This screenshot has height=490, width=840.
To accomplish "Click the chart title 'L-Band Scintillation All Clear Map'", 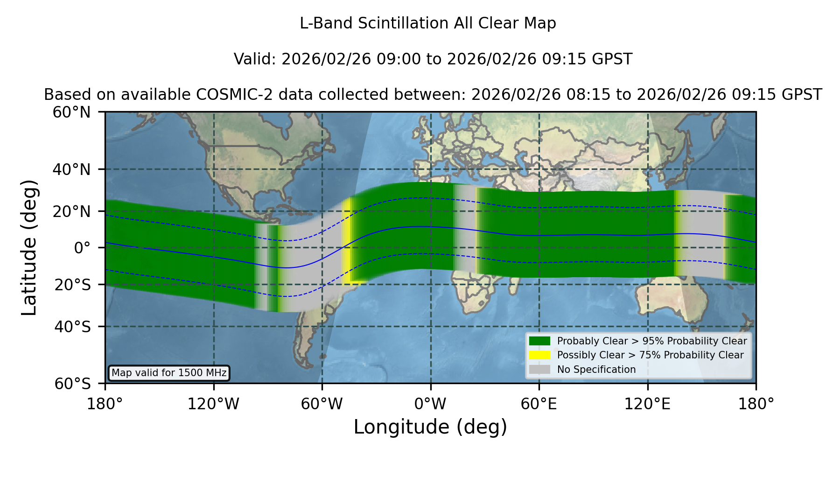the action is click(427, 23).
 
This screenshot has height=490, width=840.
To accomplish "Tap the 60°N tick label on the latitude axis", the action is click(71, 112).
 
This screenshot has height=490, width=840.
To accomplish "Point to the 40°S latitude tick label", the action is click(72, 327).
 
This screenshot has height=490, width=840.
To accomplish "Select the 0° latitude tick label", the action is click(82, 247).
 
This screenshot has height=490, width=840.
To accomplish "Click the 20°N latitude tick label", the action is click(71, 211).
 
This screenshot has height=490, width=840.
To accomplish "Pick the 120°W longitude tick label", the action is click(213, 404).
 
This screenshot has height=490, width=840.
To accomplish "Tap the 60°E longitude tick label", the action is click(539, 404).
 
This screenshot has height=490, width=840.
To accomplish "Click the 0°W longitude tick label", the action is click(430, 404).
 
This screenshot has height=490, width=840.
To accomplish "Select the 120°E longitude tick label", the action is click(647, 404).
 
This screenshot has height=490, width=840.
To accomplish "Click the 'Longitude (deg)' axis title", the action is click(430, 427).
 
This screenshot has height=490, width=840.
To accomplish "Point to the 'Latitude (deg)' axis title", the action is click(29, 247).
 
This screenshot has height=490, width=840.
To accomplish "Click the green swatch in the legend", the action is click(539, 341).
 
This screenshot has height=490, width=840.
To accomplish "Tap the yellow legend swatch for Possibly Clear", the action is click(539, 355).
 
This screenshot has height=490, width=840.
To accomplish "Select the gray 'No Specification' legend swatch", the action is click(539, 370).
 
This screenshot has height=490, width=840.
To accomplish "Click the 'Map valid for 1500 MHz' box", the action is click(169, 373).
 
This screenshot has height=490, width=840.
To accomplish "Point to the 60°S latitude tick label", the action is click(72, 384).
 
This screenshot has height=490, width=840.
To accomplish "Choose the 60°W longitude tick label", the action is click(322, 404).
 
